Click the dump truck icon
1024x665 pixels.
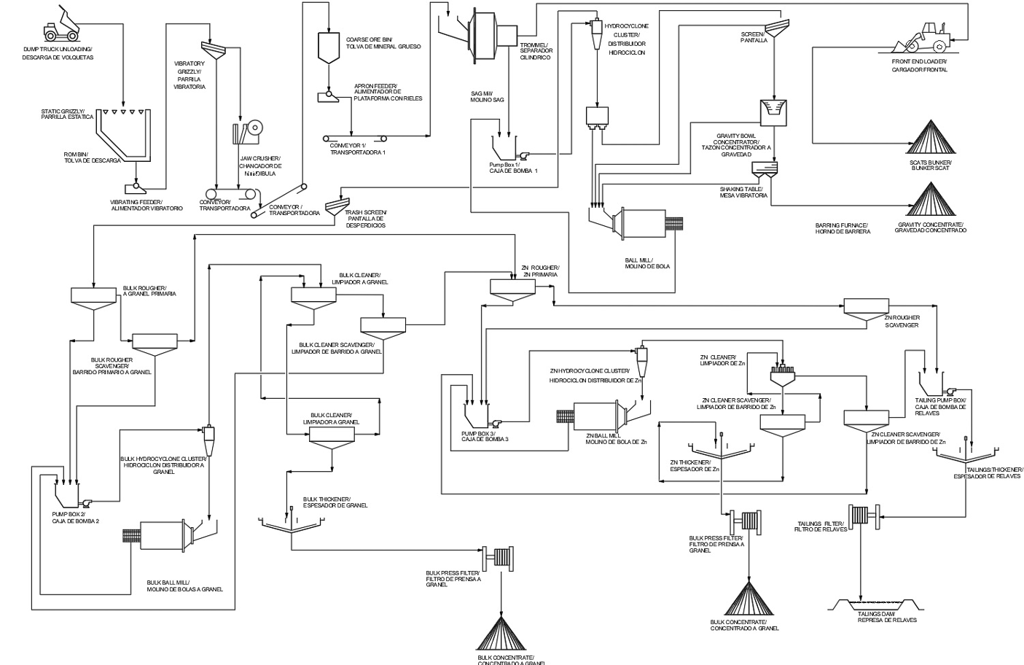61,26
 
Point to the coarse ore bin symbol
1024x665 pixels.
328,47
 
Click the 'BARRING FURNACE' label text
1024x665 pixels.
843,228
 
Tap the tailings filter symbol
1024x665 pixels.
860,515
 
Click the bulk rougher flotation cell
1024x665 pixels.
93,296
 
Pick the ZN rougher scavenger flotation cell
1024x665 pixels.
867,306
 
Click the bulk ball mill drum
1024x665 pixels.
164,536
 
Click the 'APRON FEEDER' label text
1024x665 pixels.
386,92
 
